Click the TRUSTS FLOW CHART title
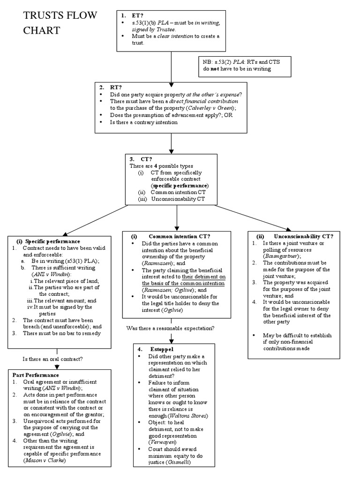point(60,23)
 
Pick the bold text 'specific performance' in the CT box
point(180,186)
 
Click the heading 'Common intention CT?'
point(179,236)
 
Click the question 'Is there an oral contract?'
point(53,359)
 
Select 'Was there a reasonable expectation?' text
point(170,328)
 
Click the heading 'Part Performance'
point(36,375)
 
